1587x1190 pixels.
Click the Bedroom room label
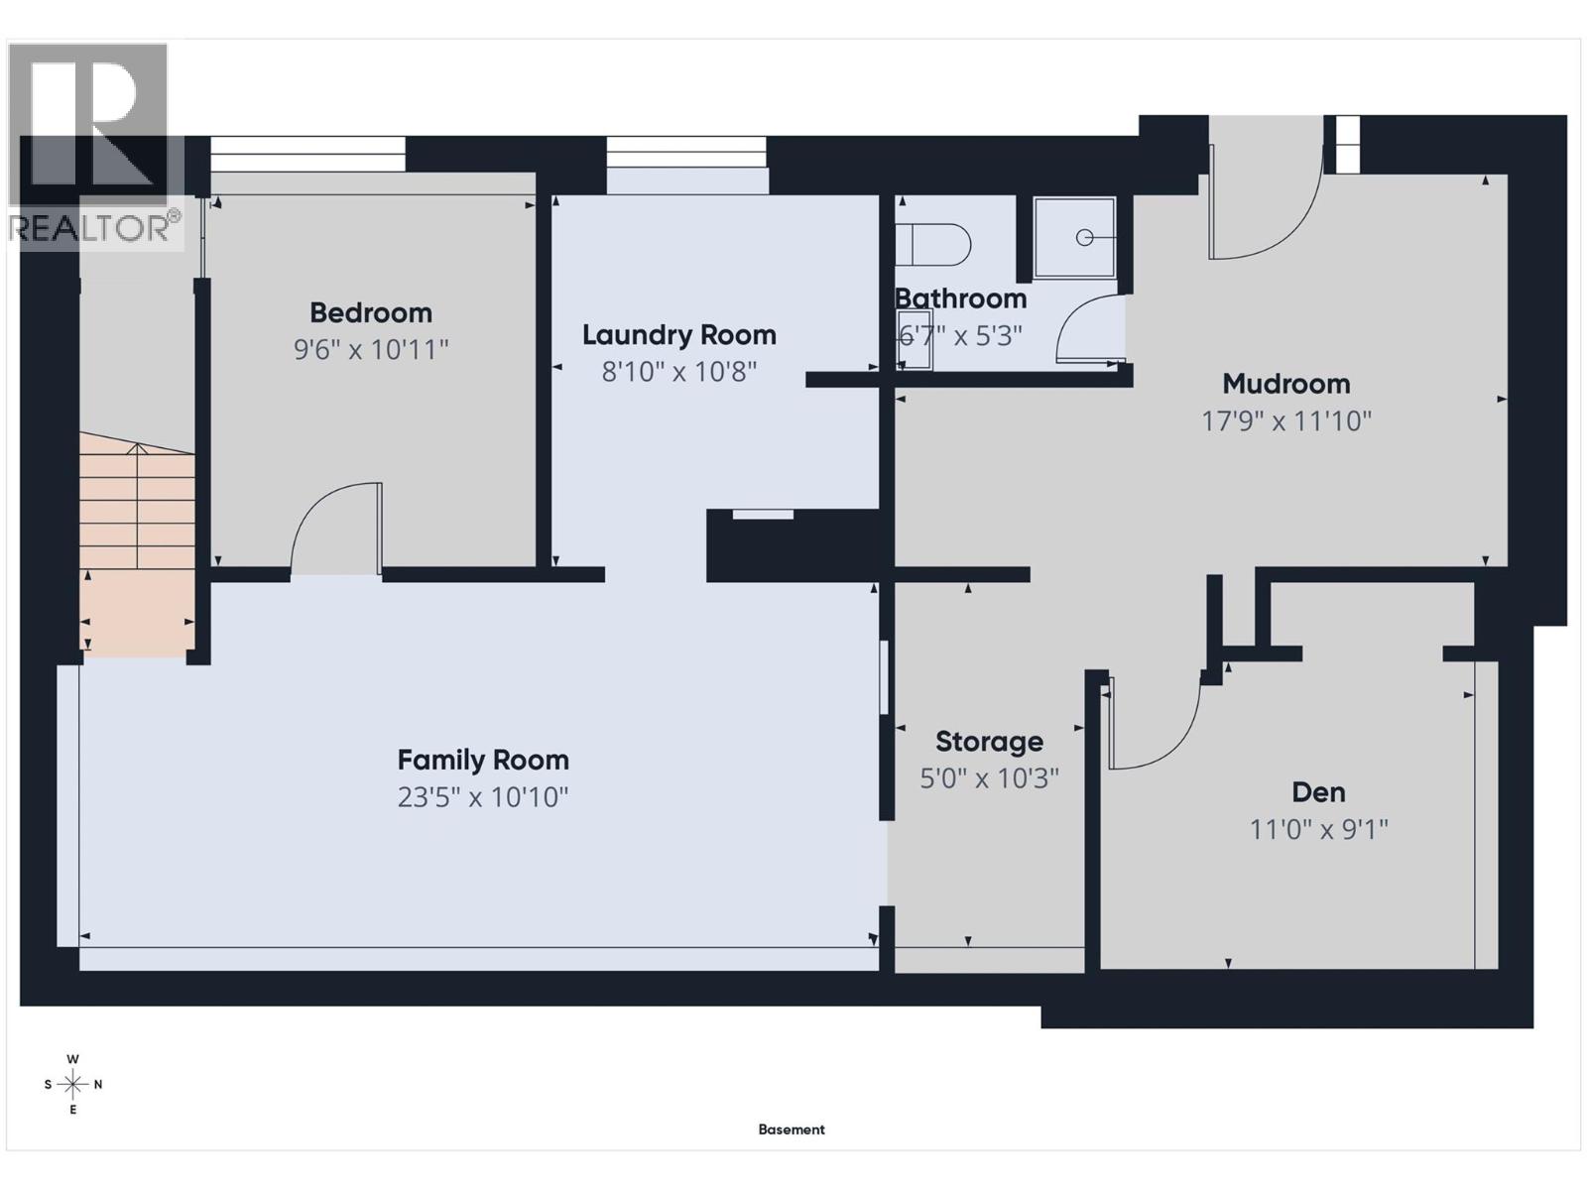[x=371, y=313]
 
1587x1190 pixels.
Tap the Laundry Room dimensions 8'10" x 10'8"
[x=679, y=372]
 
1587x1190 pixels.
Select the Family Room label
[x=483, y=761]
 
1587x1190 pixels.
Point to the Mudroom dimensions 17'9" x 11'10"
[x=1286, y=421]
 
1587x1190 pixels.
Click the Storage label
[x=989, y=742]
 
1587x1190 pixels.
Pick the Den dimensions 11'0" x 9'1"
[x=1318, y=829]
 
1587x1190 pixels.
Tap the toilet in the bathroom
[x=932, y=244]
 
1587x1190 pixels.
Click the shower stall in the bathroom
[x=1074, y=237]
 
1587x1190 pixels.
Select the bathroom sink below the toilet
[x=915, y=351]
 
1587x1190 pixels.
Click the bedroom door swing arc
[x=332, y=526]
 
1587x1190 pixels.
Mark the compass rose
[x=73, y=1084]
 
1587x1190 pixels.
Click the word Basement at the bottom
[x=792, y=1130]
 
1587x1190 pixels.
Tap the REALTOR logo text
[x=94, y=228]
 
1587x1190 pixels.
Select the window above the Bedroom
[x=307, y=154]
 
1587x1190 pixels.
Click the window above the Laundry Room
[x=686, y=154]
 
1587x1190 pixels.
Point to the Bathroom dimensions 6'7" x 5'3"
[x=960, y=336]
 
